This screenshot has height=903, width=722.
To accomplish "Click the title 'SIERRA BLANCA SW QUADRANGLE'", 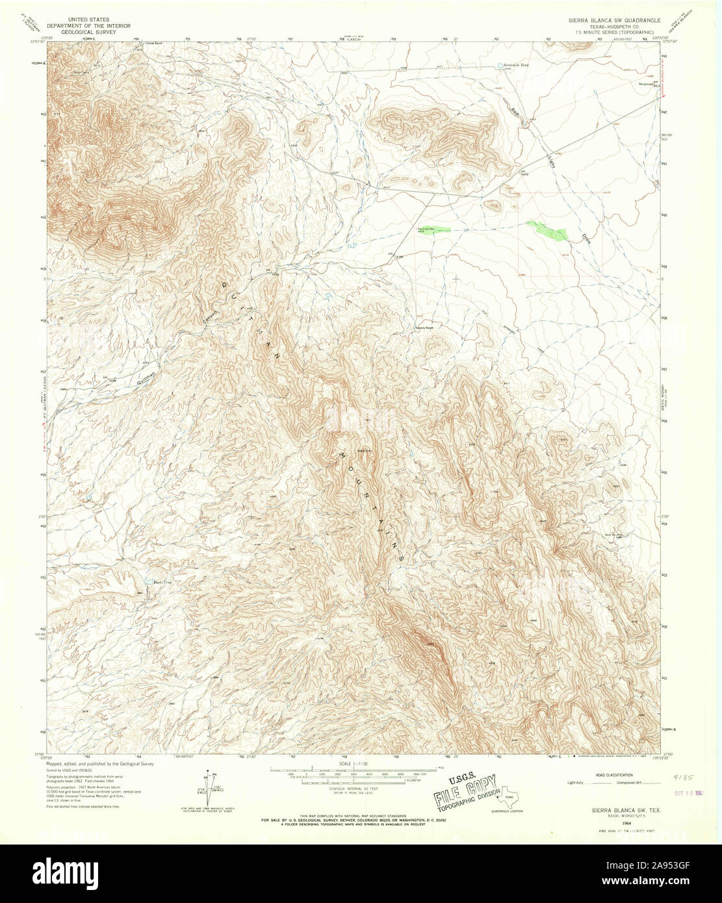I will (606, 19).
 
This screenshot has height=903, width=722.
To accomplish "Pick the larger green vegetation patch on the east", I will (547, 230).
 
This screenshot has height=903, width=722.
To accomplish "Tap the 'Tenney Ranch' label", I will (424, 328).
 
